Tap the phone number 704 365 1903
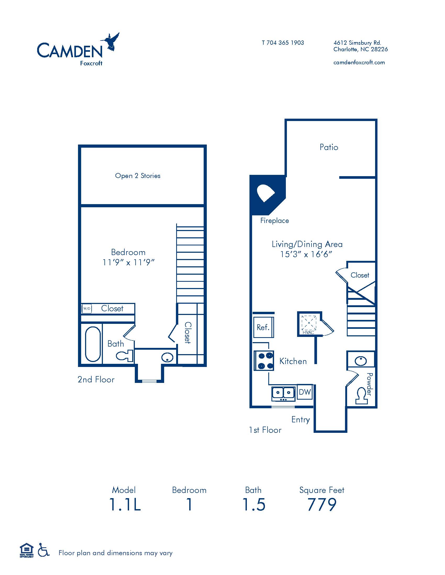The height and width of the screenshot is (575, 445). click(x=285, y=43)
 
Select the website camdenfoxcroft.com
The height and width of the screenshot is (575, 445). click(x=359, y=62)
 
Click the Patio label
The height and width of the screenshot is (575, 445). click(x=329, y=147)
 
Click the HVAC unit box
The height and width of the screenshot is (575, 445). click(x=309, y=324)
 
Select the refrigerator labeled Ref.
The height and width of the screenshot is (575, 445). click(x=264, y=327)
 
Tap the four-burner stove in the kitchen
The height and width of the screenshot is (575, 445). click(x=264, y=361)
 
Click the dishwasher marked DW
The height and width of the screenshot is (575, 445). click(x=305, y=392)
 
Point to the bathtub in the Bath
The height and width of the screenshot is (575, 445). click(x=93, y=344)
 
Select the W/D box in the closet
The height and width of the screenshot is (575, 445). click(x=87, y=309)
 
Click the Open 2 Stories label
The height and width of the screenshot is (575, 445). click(x=138, y=176)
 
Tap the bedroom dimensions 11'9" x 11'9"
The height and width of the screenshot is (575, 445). click(x=128, y=262)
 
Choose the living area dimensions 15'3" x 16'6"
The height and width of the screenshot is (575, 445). click(x=306, y=254)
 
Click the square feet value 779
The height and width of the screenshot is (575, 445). click(x=322, y=504)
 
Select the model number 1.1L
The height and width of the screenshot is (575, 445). click(x=125, y=504)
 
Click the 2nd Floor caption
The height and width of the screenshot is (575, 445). click(x=96, y=379)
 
